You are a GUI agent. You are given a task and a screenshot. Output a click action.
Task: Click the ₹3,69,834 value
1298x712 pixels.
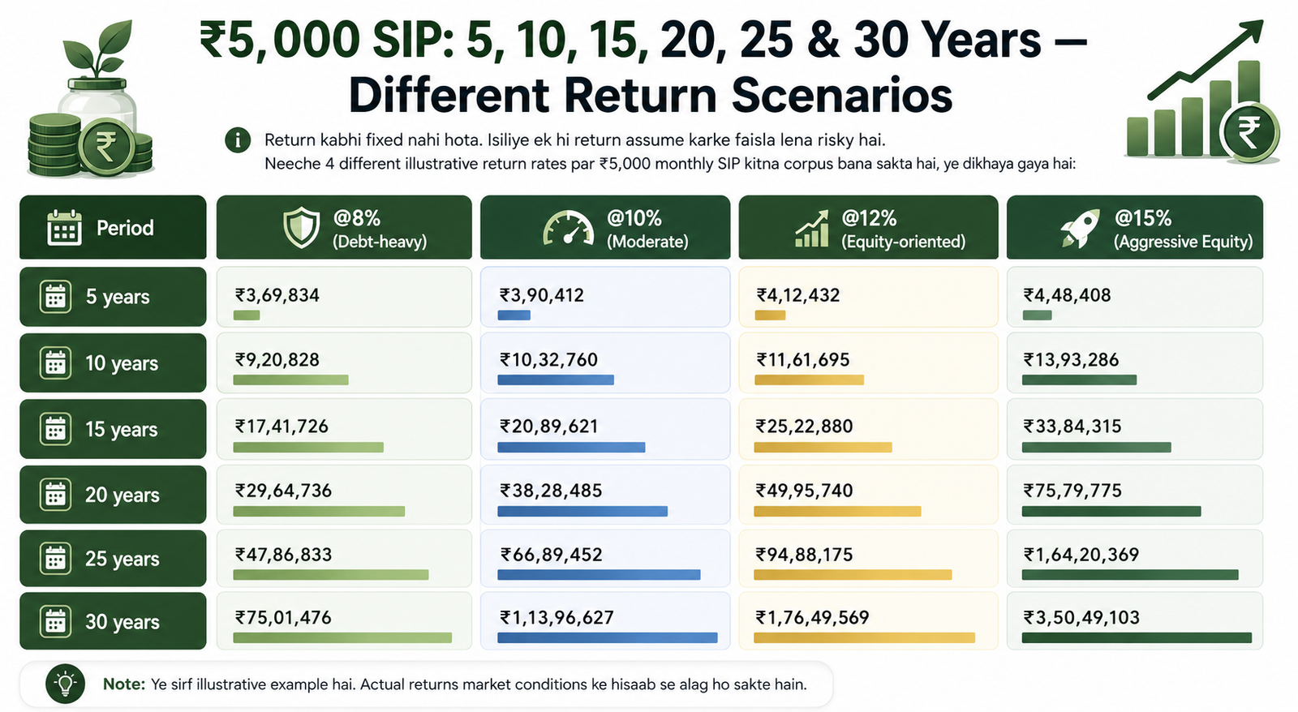pos(277,295)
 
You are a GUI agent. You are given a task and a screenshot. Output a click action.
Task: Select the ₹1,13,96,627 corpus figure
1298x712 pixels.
pos(557,618)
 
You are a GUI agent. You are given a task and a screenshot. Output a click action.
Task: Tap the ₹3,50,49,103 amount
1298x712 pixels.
pos(1081,618)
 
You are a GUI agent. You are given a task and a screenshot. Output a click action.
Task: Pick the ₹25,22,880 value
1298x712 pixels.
pos(804,427)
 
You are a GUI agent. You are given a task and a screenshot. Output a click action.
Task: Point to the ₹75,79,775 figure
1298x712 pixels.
pos(1072,491)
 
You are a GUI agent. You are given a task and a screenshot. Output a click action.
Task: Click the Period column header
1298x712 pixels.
pos(113,227)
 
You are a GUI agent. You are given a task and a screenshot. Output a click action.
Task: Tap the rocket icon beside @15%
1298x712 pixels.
pos(1080,228)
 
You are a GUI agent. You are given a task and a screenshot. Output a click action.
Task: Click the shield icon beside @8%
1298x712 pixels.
pos(301,228)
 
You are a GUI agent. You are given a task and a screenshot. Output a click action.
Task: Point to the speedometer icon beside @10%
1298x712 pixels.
pos(568,228)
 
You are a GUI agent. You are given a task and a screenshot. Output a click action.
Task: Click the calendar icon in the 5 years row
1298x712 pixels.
pos(56,297)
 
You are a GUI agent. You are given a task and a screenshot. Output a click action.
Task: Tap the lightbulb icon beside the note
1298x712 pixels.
pos(66,684)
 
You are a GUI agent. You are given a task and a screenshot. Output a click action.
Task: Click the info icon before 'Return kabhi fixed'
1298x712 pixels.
pos(238,140)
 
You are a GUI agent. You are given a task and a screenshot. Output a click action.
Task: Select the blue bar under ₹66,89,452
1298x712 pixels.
pos(599,575)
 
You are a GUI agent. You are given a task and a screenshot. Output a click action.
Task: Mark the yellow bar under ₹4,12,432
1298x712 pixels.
pos(770,315)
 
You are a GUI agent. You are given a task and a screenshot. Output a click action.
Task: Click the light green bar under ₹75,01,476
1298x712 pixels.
pos(342,638)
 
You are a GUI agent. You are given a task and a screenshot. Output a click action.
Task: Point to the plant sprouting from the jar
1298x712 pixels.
pos(98,51)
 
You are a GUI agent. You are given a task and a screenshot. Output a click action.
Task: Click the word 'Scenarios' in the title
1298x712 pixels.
pos(842,97)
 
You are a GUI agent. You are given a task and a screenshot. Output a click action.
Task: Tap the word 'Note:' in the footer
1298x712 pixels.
pos(124,684)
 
